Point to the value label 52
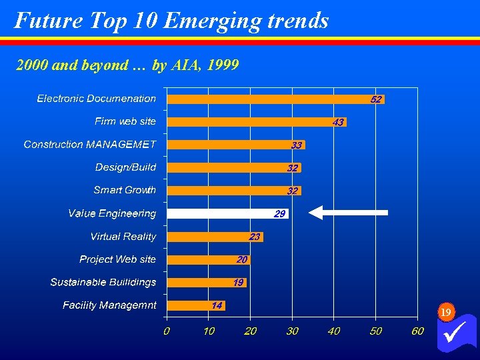coord(376,99)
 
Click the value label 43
coord(338,123)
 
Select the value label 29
coord(280,214)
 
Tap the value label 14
coord(217,305)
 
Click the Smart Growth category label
coord(125,190)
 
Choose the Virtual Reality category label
coord(123,237)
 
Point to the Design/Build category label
coord(125,167)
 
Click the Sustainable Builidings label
coord(103,282)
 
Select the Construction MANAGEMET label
coord(90,145)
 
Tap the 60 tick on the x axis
coord(417,331)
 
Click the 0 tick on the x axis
coord(167,331)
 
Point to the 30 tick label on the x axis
coord(292,331)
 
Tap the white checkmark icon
coord(457,332)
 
